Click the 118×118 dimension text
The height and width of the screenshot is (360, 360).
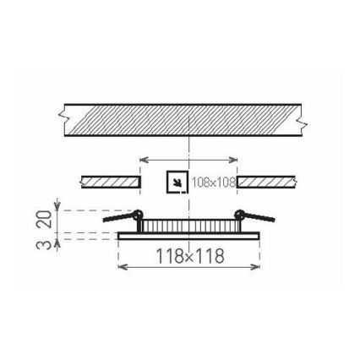coord(190,255)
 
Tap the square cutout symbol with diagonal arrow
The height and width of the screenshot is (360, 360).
coord(177,182)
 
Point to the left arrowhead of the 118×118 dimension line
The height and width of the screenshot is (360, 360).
coord(120,268)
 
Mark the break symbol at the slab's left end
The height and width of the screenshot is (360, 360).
coord(64,121)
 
